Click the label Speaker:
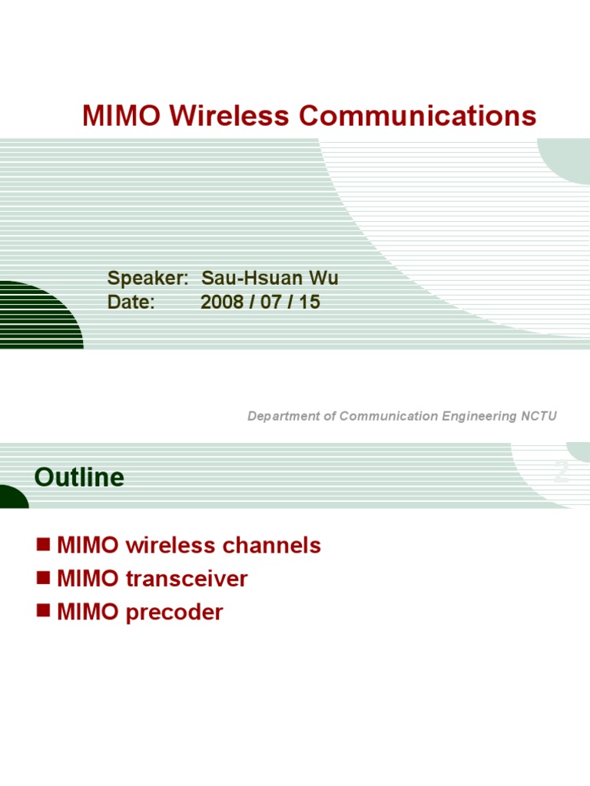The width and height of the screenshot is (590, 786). pyautogui.click(x=147, y=279)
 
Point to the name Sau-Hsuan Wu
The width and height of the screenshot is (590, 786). pyautogui.click(x=269, y=279)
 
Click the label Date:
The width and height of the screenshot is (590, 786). pyautogui.click(x=131, y=302)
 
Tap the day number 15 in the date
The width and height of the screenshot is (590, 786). pyautogui.click(x=310, y=302)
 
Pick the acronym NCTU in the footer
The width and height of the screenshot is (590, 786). pyautogui.click(x=539, y=416)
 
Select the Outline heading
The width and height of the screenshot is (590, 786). pyautogui.click(x=79, y=477)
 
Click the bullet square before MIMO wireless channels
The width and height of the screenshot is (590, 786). pyautogui.click(x=43, y=545)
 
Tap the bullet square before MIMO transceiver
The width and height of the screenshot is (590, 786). pyautogui.click(x=43, y=578)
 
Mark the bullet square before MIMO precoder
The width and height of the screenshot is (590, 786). pyautogui.click(x=43, y=611)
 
